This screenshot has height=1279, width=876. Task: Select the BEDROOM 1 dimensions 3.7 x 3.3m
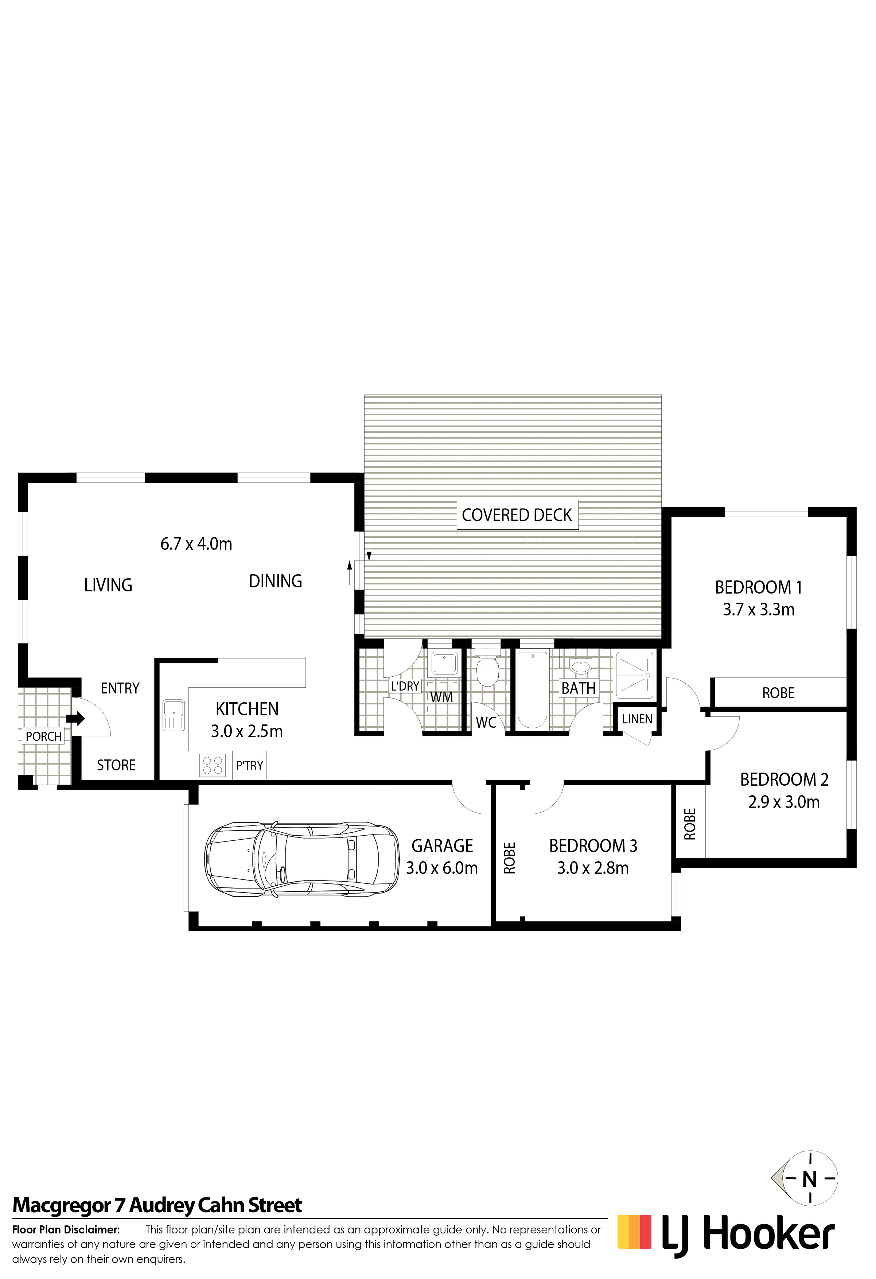pos(758,609)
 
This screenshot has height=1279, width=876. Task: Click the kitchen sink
pos(174,715)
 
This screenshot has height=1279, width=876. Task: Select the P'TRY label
pos(250,766)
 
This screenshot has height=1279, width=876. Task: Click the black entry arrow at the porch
pos(75,718)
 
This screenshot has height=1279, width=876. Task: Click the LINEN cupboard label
pos(637,719)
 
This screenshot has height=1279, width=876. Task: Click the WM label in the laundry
pos(441,697)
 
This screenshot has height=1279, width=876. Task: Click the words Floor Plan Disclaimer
pos(66,1229)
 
